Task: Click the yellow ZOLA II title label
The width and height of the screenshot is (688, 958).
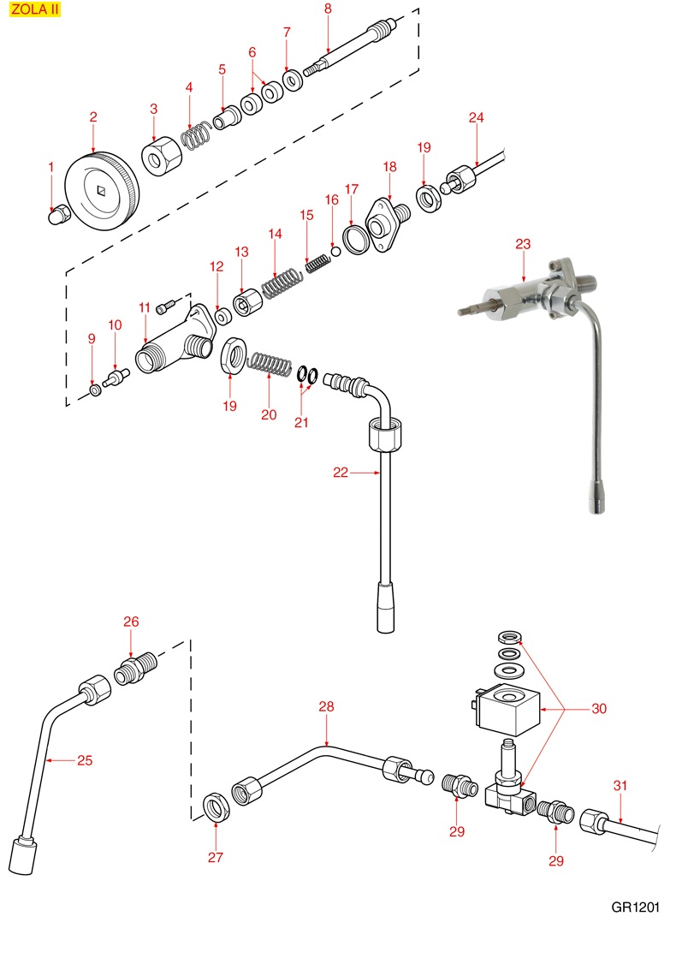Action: click(35, 12)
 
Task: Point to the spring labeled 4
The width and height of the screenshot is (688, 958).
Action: click(197, 135)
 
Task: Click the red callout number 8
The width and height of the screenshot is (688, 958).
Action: click(328, 9)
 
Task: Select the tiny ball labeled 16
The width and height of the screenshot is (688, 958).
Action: click(337, 251)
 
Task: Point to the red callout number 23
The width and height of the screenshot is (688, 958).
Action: click(523, 244)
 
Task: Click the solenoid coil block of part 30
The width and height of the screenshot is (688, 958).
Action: click(507, 711)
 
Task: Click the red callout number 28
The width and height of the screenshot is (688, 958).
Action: click(326, 706)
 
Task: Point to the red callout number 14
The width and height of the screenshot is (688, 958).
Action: click(275, 233)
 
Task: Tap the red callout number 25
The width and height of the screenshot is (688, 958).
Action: click(84, 759)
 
